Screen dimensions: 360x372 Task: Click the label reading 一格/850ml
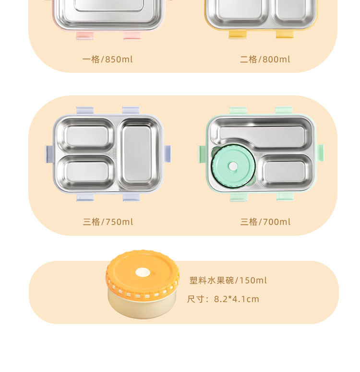point(108,59)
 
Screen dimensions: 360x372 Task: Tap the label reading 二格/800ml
point(265,59)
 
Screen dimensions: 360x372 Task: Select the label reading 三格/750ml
point(108,222)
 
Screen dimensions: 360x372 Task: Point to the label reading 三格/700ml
point(265,222)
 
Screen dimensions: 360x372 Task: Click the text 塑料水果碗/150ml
point(228,280)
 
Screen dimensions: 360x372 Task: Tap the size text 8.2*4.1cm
point(237,299)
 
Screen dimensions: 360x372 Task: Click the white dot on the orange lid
point(143,272)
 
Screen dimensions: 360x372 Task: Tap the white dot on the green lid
point(233,166)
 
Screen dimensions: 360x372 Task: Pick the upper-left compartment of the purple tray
point(86,135)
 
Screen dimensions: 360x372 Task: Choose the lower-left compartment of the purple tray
point(86,172)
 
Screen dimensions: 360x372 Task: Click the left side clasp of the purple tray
point(49,154)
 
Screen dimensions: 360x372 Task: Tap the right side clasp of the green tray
point(320,154)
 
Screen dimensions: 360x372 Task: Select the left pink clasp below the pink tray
point(85,35)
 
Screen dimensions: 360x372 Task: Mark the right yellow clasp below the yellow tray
point(285,35)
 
